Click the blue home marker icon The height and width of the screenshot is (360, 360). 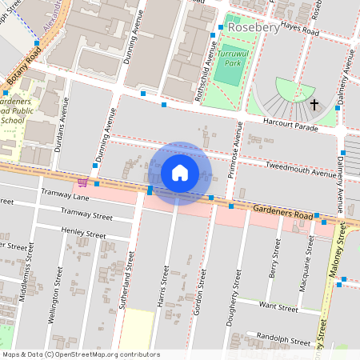pyautogui.click(x=180, y=173)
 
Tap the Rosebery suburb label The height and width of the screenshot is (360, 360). pyautogui.click(x=253, y=28)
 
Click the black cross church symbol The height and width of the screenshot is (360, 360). pyautogui.click(x=314, y=104)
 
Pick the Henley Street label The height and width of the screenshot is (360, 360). pyautogui.click(x=83, y=233)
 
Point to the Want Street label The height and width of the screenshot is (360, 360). pyautogui.click(x=278, y=307)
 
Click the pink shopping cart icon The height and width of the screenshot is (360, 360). pyautogui.click(x=82, y=182)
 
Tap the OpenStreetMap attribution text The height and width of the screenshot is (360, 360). pyautogui.click(x=82, y=354)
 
